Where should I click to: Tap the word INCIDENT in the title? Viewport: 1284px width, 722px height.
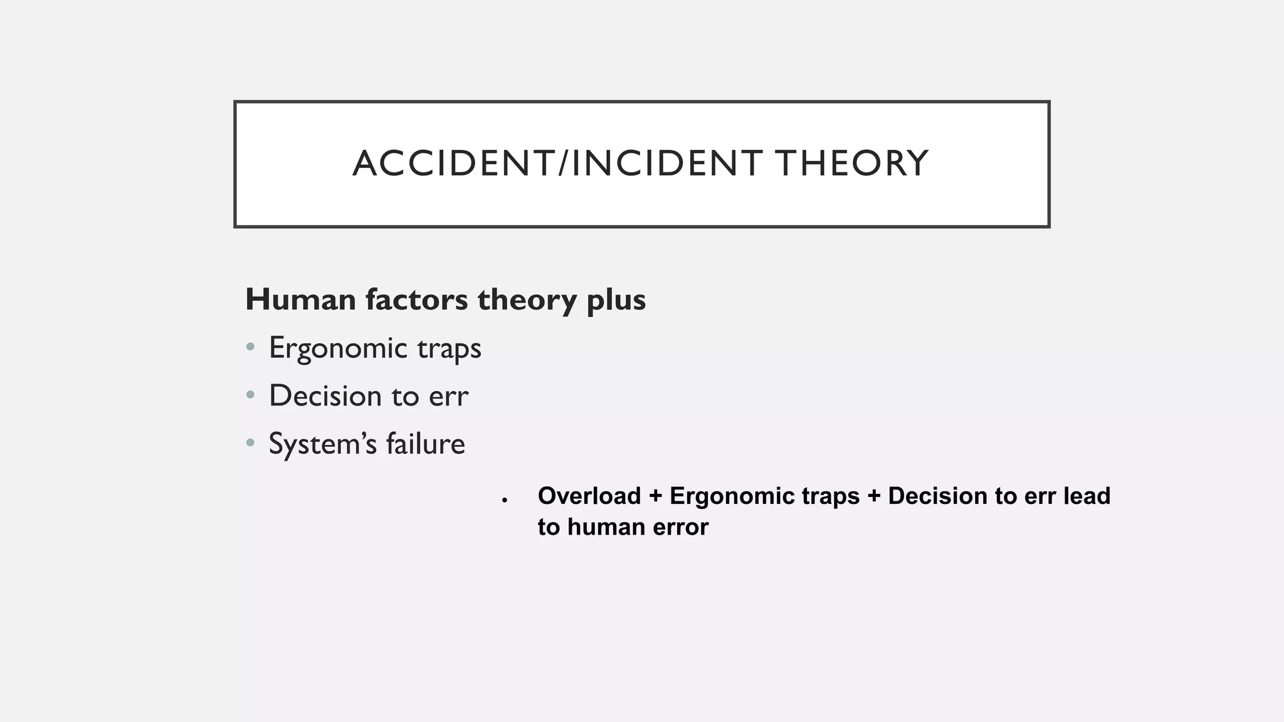tap(667, 164)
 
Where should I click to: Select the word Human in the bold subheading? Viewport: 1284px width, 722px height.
tap(301, 300)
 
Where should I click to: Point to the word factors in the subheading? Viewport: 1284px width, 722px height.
tap(416, 300)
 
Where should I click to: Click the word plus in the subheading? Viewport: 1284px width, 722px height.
tap(616, 301)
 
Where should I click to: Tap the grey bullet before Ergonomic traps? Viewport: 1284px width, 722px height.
tap(251, 347)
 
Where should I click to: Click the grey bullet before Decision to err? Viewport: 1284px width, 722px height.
tap(251, 395)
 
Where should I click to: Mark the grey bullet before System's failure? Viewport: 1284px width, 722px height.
tap(251, 443)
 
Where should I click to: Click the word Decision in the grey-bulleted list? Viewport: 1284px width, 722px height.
tap(325, 396)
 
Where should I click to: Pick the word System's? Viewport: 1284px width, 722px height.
tap(323, 444)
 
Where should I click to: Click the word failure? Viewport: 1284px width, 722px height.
tap(425, 444)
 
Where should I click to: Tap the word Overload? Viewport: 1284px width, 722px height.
tap(589, 496)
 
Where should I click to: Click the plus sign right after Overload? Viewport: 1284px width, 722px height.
tap(655, 496)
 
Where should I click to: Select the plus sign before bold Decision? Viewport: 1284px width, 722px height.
tap(874, 496)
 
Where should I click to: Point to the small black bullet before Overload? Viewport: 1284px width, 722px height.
tap(504, 500)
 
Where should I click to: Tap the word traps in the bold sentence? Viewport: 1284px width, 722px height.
tap(831, 496)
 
